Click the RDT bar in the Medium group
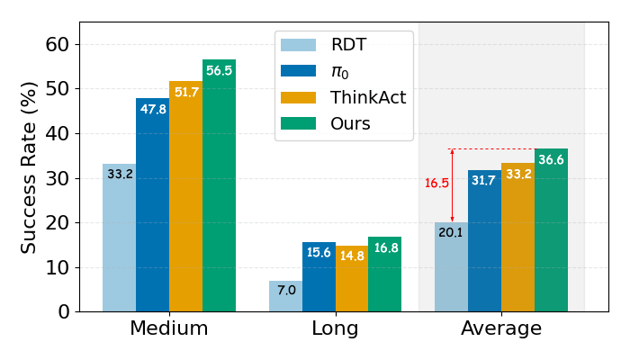click(119, 238)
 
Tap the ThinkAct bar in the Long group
click(352, 278)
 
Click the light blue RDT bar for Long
click(285, 296)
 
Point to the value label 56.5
click(219, 71)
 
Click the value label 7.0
click(285, 291)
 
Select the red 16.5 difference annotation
click(436, 183)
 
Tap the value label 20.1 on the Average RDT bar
click(451, 233)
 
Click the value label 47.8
click(152, 109)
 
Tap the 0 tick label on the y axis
click(63, 311)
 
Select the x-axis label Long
click(335, 329)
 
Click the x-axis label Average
click(501, 329)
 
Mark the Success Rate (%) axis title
click(29, 166)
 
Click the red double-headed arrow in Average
click(453, 185)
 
